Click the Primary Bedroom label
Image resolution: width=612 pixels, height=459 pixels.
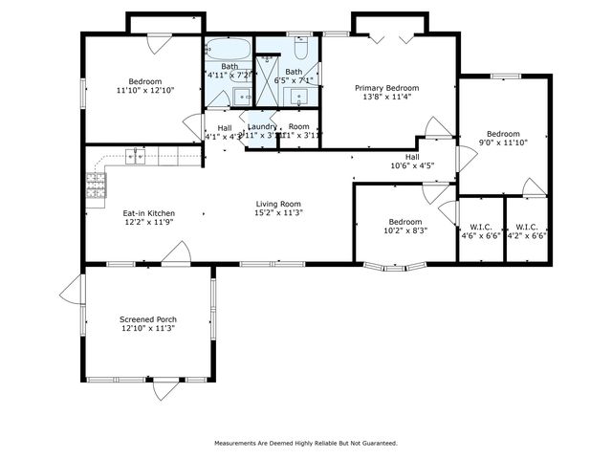[387, 88]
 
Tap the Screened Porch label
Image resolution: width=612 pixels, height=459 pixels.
[148, 319]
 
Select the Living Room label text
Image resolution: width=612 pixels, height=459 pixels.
[278, 204]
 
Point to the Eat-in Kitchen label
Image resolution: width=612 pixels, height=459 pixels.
[148, 213]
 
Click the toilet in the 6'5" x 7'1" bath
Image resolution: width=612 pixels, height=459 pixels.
[299, 46]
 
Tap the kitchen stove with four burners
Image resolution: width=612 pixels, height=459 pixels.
[96, 186]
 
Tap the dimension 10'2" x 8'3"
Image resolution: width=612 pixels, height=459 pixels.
[405, 229]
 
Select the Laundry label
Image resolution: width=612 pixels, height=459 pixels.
[262, 126]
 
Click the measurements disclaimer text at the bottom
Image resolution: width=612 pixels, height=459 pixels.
[304, 443]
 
